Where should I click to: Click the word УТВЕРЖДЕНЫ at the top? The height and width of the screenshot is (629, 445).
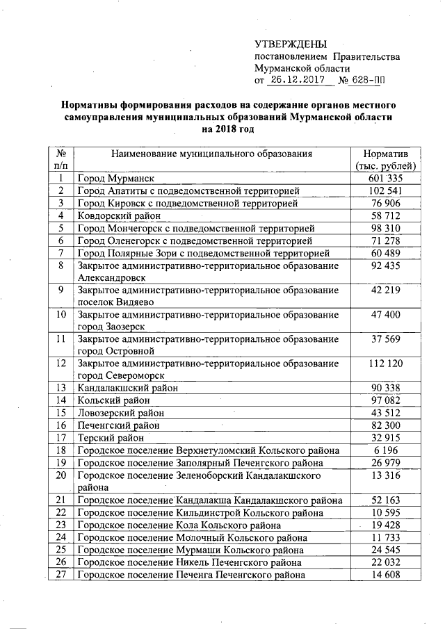tap(290, 43)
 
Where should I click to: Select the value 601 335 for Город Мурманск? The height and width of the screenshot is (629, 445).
tap(386, 178)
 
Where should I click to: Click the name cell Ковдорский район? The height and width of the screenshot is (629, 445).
tap(120, 216)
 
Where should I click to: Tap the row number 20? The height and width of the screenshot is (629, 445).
tap(61, 475)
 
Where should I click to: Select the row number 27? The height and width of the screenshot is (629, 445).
tap(61, 574)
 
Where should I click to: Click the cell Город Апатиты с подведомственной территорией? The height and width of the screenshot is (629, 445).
tap(188, 190)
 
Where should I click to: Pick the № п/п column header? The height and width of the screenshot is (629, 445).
tap(61, 159)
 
